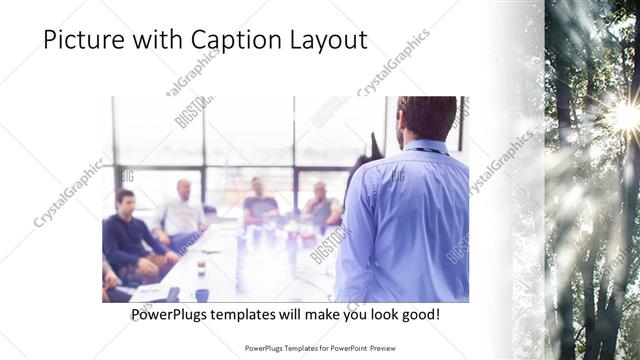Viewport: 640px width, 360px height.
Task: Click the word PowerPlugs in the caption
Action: pos(172,315)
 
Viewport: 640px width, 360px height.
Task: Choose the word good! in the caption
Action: pos(418,315)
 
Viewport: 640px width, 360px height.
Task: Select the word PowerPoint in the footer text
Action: pos(339,349)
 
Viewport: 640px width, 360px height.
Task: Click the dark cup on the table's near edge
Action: pos(202,294)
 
